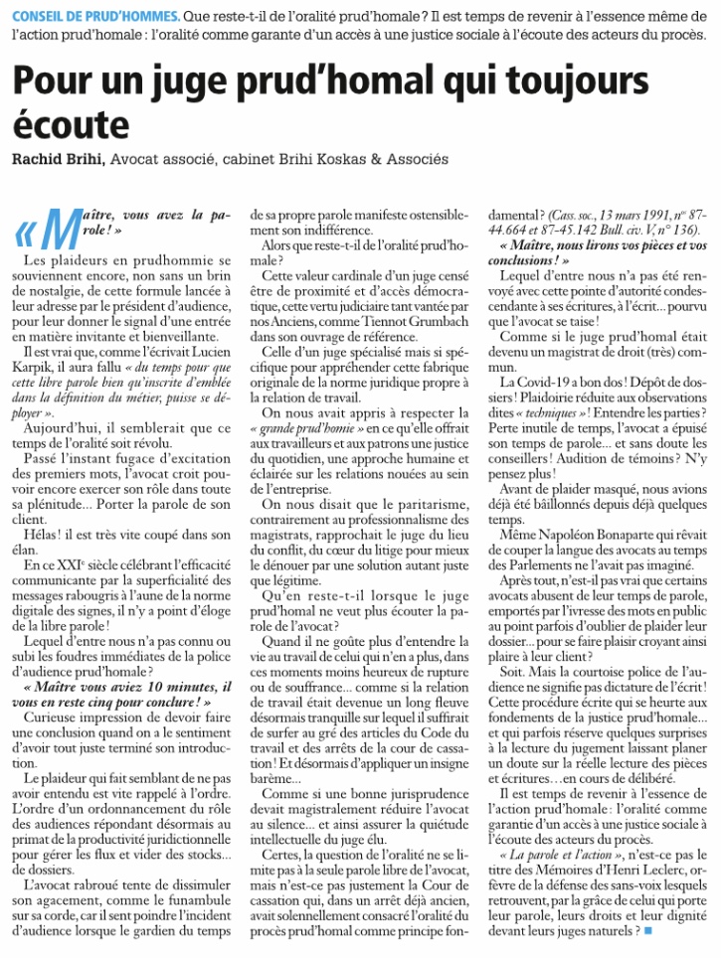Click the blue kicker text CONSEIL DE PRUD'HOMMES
96,17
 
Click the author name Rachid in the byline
41,159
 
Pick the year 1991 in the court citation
626,214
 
